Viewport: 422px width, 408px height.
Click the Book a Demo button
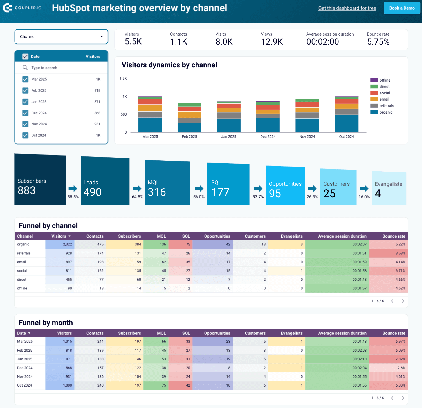click(402, 8)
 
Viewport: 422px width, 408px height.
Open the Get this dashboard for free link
click(347, 8)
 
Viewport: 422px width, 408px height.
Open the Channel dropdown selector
click(61, 37)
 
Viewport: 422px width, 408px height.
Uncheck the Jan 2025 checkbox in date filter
click(25, 102)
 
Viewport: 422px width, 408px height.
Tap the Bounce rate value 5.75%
click(378, 42)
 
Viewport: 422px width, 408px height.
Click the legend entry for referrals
click(386, 106)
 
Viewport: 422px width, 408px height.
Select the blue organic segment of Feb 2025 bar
click(189, 127)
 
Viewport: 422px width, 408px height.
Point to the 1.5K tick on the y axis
click(123, 79)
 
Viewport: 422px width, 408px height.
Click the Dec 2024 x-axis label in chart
click(268, 137)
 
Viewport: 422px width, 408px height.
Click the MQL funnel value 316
click(157, 192)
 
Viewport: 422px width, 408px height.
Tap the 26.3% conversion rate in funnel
click(312, 197)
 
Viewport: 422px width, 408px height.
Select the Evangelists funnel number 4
click(378, 194)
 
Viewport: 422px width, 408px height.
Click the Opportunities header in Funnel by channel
click(217, 236)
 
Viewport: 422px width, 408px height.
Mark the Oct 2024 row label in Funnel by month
click(24, 385)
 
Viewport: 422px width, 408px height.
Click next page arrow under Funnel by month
click(403, 398)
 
